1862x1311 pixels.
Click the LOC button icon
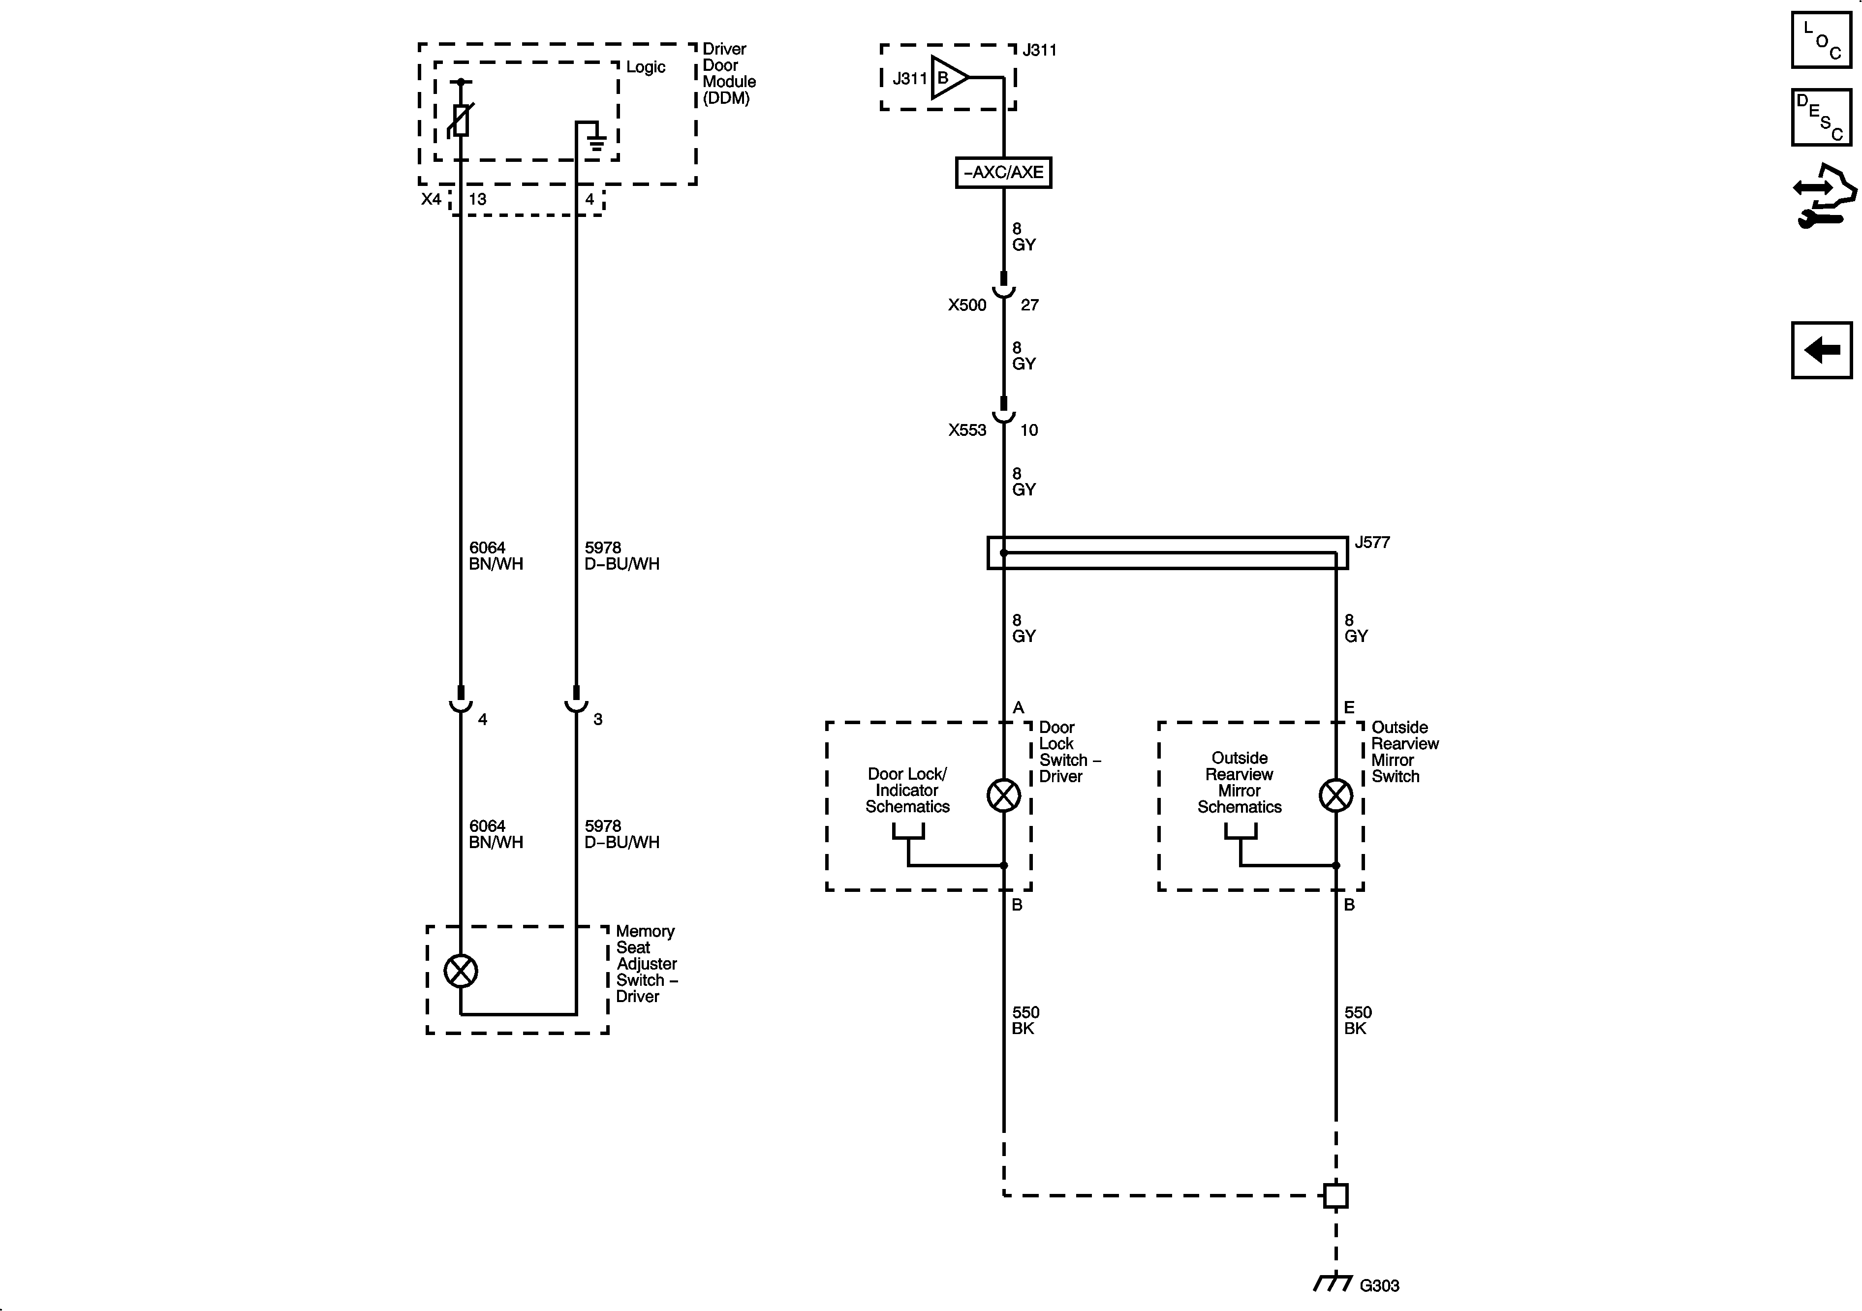click(1822, 40)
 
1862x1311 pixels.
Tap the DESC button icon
click(1822, 118)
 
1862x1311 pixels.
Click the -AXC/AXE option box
click(1003, 173)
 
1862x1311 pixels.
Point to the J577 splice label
click(1372, 543)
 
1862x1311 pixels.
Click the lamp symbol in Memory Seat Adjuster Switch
click(461, 971)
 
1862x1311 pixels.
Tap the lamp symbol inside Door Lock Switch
click(1003, 795)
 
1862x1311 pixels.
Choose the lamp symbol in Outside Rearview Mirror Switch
click(1335, 795)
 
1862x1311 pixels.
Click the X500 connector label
click(967, 305)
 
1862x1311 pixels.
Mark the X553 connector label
click(967, 430)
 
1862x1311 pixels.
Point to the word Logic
click(646, 67)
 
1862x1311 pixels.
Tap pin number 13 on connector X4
click(478, 199)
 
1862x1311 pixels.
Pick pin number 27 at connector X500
click(1029, 305)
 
